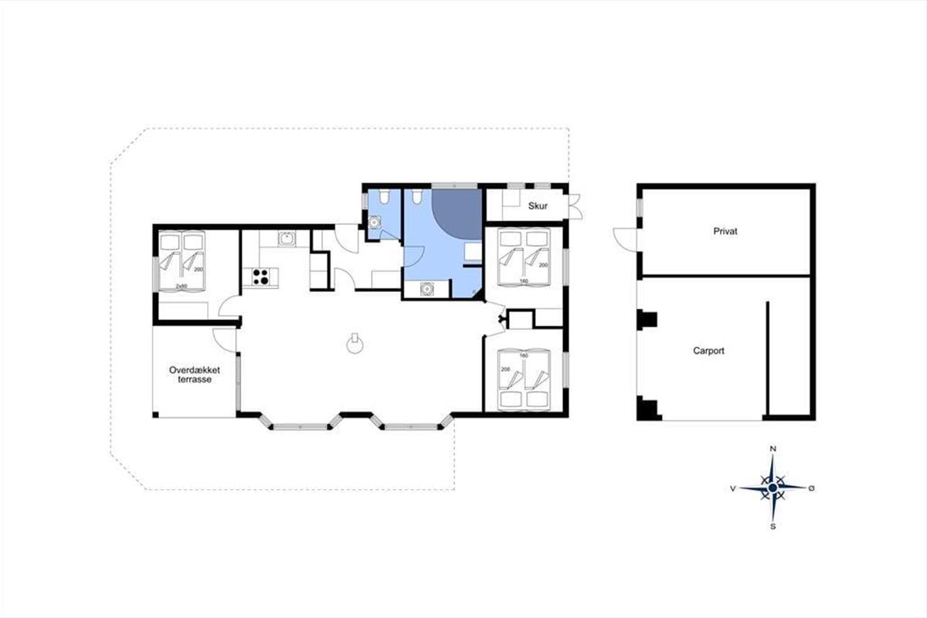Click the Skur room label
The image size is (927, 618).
click(x=538, y=205)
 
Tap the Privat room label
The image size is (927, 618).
click(x=725, y=232)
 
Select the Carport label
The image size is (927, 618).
click(x=708, y=351)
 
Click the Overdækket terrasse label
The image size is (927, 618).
click(x=195, y=375)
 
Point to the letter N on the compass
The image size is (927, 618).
click(x=772, y=449)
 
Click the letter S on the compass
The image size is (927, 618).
click(x=772, y=527)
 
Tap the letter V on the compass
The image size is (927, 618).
click(x=732, y=488)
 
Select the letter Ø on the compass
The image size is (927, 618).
click(x=812, y=488)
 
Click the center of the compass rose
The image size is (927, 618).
click(x=772, y=488)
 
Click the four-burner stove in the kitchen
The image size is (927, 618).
click(x=260, y=277)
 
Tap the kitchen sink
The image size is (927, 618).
click(x=287, y=239)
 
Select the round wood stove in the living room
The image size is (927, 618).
click(x=355, y=343)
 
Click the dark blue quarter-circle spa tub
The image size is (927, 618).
click(x=457, y=214)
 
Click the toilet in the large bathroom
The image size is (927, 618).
click(x=416, y=196)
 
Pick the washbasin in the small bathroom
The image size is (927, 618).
click(x=374, y=222)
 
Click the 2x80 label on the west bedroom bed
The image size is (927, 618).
click(x=182, y=286)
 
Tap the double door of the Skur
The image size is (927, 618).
click(x=576, y=206)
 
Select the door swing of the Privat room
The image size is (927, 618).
click(x=625, y=239)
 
